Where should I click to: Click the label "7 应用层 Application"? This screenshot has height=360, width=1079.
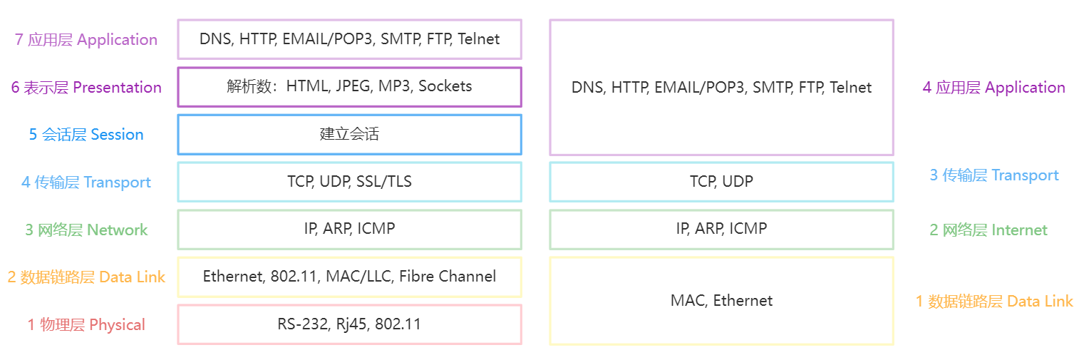click(86, 40)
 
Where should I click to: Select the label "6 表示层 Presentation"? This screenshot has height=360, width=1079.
click(86, 88)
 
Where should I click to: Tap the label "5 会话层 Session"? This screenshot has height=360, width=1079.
click(86, 135)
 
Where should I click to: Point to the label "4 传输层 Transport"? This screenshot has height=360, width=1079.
click(86, 182)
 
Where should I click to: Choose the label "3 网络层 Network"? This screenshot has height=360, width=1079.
click(86, 230)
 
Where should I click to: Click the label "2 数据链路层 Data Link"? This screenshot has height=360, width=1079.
click(86, 277)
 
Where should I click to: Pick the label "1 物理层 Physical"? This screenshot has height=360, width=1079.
click(86, 325)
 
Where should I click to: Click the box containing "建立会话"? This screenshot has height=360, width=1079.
click(349, 134)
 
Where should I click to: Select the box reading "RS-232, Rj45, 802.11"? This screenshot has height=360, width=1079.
click(349, 324)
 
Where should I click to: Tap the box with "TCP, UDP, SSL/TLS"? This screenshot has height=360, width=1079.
click(349, 182)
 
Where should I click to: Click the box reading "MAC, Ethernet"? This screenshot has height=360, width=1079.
click(721, 301)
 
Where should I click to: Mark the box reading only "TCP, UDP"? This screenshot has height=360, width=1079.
click(721, 182)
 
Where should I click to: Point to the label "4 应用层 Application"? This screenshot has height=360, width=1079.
click(993, 88)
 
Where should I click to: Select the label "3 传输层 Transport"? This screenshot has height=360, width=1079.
click(993, 175)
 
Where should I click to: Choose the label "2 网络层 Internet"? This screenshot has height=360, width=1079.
click(988, 230)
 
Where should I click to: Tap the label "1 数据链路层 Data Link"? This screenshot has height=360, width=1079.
click(993, 302)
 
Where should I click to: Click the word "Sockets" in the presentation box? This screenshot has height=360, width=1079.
click(445, 86)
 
